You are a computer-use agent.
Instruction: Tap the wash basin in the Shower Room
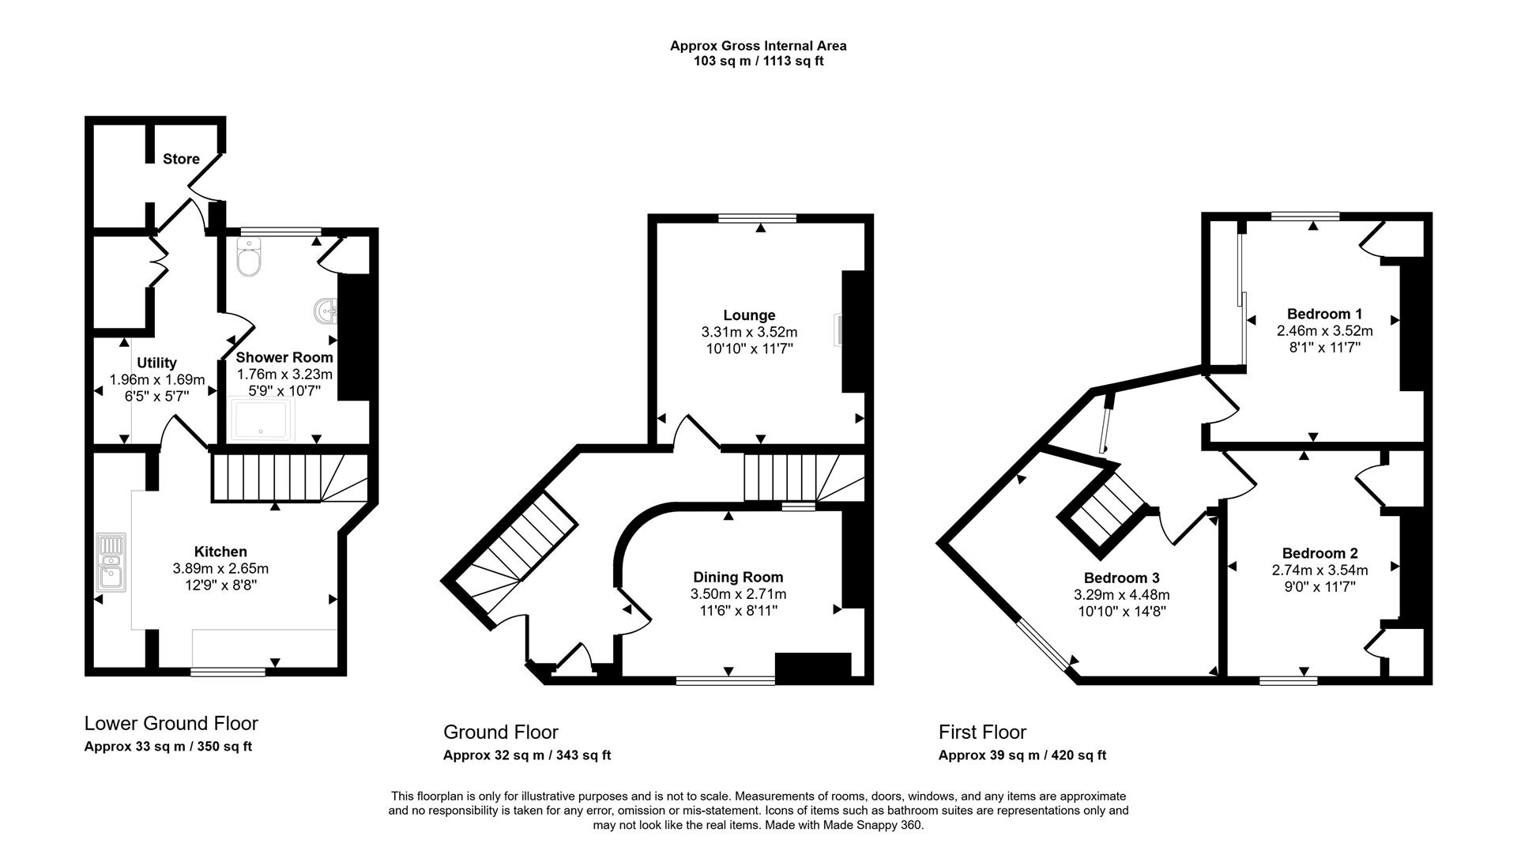[326, 311]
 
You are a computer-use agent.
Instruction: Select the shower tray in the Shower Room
[262, 420]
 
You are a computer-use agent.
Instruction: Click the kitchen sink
[111, 563]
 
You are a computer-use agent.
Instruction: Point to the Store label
[181, 159]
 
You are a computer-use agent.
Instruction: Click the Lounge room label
[749, 315]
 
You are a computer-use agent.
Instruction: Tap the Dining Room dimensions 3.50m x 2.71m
[738, 594]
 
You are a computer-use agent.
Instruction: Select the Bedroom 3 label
[1121, 578]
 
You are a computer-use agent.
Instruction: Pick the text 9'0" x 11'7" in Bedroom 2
[1319, 586]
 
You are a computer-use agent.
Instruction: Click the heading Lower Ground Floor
[171, 723]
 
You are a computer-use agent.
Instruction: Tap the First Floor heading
[982, 732]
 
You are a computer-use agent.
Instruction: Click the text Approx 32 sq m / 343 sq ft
[527, 755]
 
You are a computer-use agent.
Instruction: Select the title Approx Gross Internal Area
[758, 46]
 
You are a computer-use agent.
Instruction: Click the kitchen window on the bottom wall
[228, 672]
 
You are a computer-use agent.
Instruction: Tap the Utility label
[156, 363]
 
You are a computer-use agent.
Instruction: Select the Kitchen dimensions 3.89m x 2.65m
[220, 568]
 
